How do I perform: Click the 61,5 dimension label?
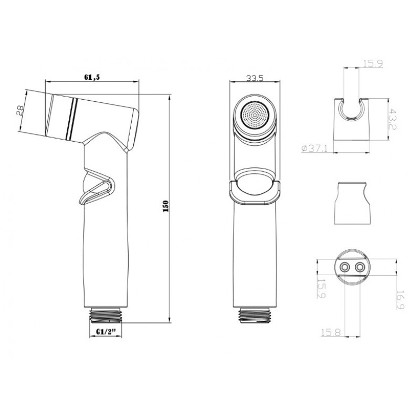[x=92, y=77]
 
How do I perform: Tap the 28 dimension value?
[x=20, y=110]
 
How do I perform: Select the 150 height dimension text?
[x=165, y=206]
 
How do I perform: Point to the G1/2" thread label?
[x=106, y=331]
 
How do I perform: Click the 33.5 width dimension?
[x=255, y=78]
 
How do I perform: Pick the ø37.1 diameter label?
[x=314, y=148]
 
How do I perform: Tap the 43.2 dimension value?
[x=393, y=119]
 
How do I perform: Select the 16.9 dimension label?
[x=400, y=300]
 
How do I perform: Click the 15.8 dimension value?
[x=331, y=332]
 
